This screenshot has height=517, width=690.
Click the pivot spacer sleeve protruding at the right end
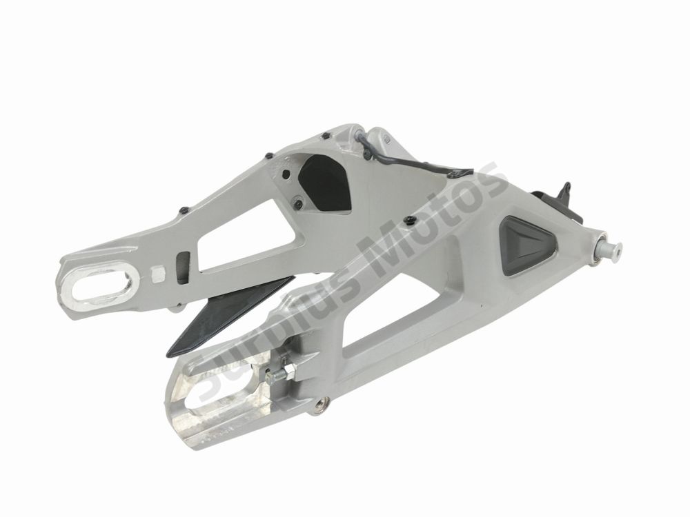[x=610, y=250]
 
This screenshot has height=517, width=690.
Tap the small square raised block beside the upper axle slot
[x=158, y=274]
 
